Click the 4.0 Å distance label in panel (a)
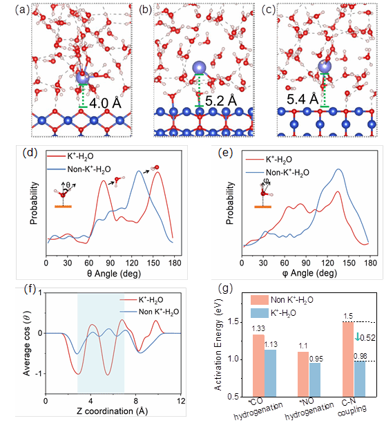(x=105, y=103)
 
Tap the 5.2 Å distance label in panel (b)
(x=221, y=101)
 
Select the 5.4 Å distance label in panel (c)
(x=303, y=99)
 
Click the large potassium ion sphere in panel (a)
(x=82, y=77)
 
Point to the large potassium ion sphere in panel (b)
(x=200, y=68)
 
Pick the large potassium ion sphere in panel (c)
(x=325, y=66)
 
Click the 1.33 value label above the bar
(x=258, y=328)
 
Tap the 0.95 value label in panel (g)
(x=316, y=359)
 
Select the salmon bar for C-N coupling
(x=348, y=359)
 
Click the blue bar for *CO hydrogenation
(x=270, y=373)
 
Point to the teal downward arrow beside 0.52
(x=357, y=337)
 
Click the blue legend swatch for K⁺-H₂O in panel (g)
(x=260, y=313)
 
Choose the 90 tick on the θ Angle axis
(x=111, y=263)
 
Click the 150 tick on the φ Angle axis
(x=349, y=263)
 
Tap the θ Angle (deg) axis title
(x=114, y=274)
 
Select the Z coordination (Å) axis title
(x=113, y=411)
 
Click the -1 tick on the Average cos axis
(x=39, y=374)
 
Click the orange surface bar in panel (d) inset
(x=63, y=207)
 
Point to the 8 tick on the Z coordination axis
(x=136, y=401)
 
